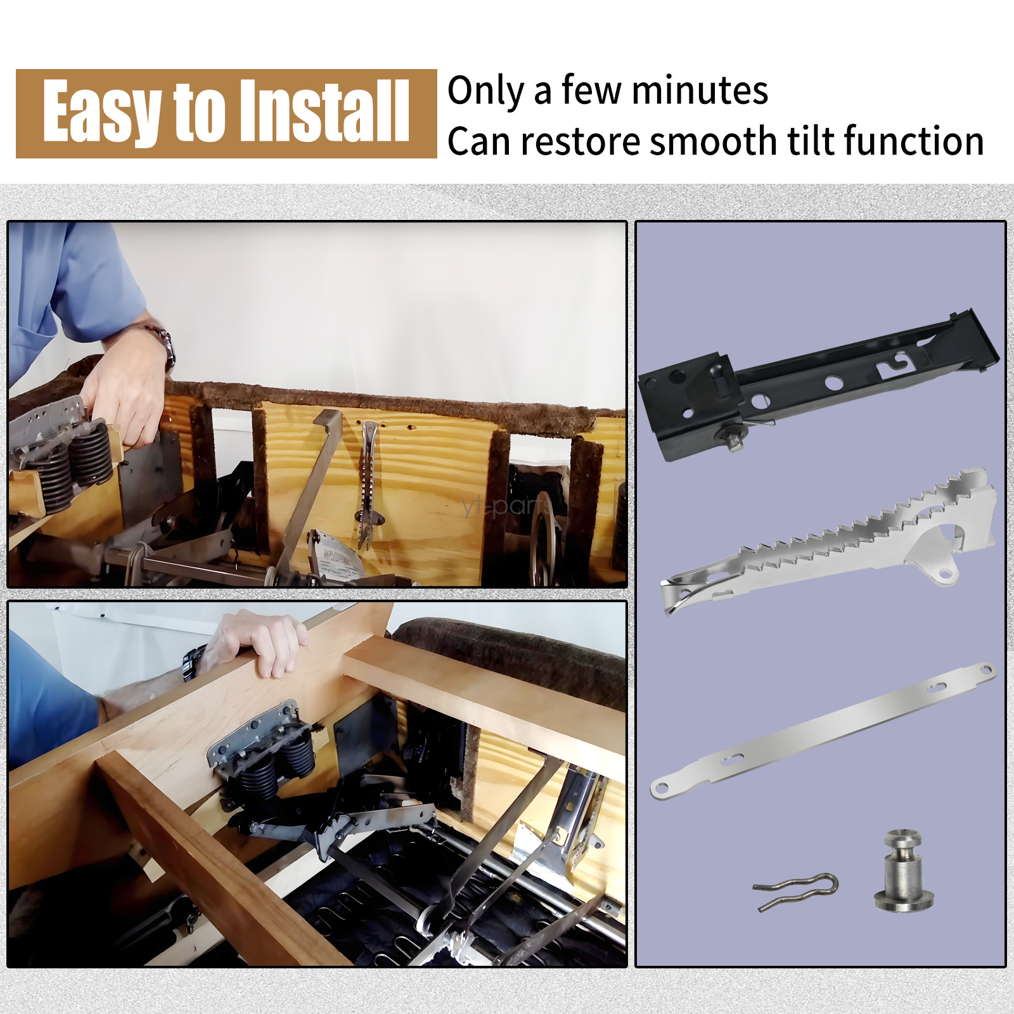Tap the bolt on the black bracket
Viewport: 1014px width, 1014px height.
(x=735, y=440)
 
